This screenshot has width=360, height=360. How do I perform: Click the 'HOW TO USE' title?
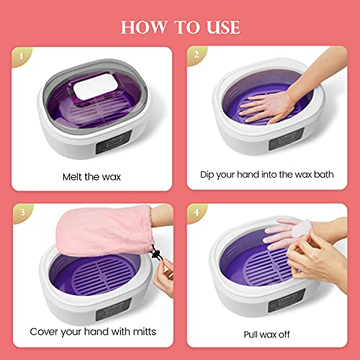pyautogui.click(x=180, y=27)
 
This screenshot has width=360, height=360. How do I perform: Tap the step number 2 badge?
pyautogui.click(x=197, y=55)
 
